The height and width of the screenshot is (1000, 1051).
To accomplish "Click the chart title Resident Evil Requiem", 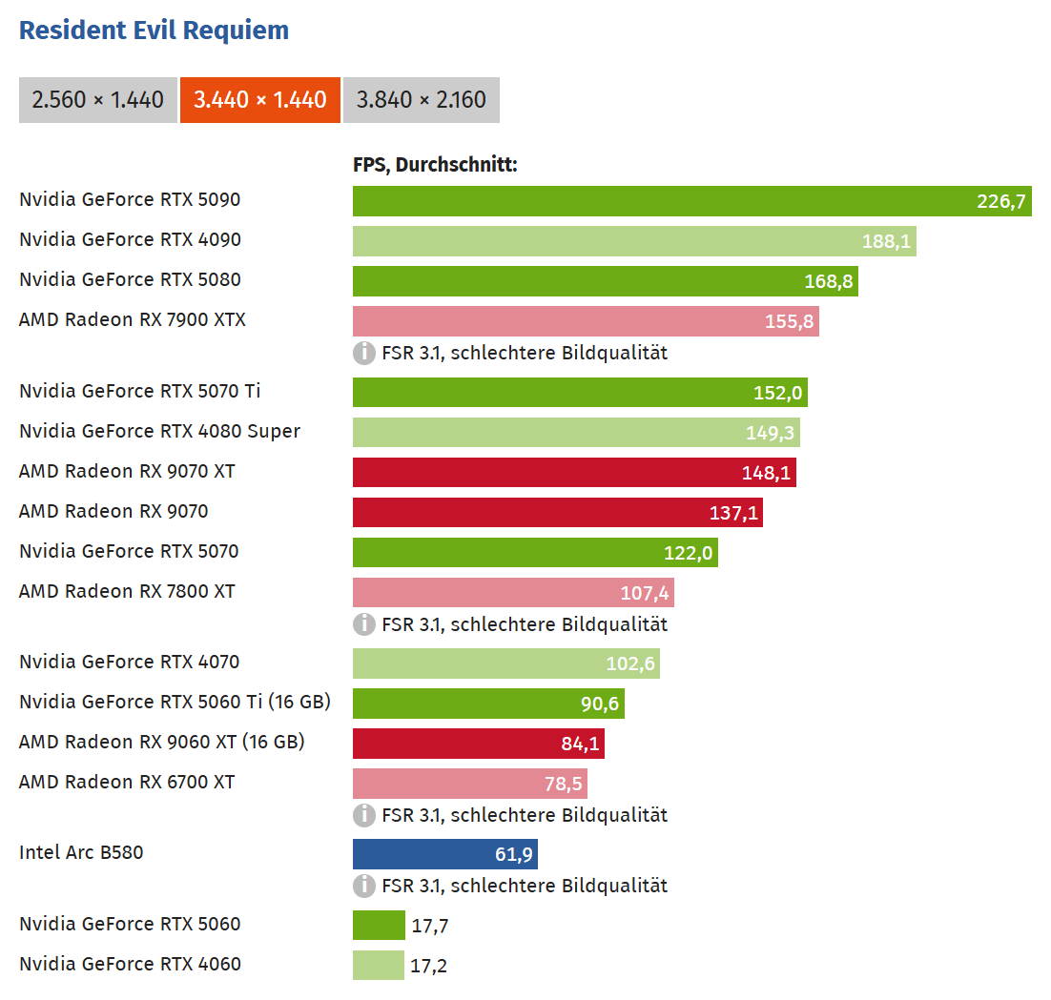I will click(154, 31).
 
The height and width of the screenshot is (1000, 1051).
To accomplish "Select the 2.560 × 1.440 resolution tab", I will click(97, 99).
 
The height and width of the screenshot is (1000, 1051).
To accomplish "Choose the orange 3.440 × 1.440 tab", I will click(259, 99).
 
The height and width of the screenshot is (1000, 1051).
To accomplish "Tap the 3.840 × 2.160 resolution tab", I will click(421, 99).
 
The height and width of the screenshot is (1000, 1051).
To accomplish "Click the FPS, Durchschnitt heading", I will click(435, 165).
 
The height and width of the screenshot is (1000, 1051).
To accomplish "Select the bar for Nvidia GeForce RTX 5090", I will click(691, 201).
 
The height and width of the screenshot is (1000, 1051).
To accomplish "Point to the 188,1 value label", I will click(886, 241).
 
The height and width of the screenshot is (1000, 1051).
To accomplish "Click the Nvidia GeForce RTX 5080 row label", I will click(130, 279).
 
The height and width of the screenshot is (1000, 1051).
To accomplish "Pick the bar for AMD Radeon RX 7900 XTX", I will click(586, 321).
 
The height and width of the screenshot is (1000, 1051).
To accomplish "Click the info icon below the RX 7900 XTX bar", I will click(364, 353).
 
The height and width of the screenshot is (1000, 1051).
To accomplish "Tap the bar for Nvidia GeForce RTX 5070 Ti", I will click(580, 393).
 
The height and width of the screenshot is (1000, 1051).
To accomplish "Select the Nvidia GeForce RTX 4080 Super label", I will click(159, 431).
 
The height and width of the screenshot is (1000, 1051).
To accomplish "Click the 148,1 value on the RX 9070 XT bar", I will click(766, 473).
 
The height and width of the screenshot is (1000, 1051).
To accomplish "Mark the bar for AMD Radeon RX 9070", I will click(557, 513).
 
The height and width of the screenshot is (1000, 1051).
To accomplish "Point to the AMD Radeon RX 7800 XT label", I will click(127, 591).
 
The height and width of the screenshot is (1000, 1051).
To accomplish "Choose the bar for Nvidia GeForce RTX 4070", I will click(505, 663).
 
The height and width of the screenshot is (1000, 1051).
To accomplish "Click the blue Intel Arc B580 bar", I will click(444, 854).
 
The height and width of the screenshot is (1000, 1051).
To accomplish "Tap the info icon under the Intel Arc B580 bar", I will click(364, 886).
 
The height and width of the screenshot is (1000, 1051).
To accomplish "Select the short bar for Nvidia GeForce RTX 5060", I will click(379, 925).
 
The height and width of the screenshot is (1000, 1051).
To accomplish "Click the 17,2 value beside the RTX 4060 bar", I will click(428, 966).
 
